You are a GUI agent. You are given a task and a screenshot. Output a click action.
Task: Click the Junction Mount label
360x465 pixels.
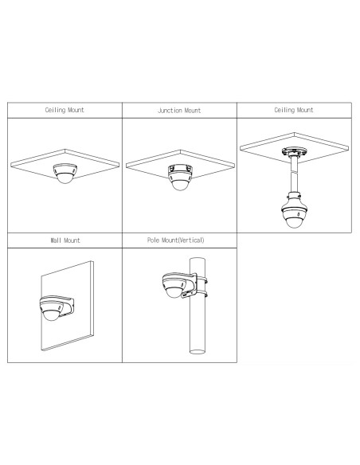(179, 111)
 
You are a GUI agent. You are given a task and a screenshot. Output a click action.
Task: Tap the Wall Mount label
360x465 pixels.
(65, 240)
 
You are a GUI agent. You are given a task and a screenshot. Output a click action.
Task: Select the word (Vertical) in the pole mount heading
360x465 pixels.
(190, 240)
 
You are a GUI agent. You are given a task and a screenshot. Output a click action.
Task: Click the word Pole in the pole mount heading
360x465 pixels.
(153, 240)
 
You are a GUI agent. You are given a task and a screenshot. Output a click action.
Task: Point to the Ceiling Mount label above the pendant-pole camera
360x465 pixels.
(294, 110)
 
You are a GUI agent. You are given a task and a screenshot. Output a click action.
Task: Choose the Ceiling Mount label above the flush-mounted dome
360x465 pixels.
(65, 110)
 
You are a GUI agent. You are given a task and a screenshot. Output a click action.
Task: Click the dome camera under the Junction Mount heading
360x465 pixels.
(180, 178)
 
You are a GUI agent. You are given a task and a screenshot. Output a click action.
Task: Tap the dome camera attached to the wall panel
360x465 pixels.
(53, 308)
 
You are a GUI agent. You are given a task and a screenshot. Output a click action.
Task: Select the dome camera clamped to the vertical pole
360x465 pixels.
(175, 285)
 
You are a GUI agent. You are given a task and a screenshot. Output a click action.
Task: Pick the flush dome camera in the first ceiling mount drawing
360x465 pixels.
(65, 174)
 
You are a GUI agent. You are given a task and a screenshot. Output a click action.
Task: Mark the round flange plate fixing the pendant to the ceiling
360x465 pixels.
(294, 152)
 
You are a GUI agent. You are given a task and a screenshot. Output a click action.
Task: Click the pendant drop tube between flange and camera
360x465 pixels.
(294, 174)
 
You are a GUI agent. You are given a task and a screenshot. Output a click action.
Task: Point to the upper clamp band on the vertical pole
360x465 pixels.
(202, 279)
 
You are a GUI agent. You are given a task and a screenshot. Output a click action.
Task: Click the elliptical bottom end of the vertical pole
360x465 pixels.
(198, 352)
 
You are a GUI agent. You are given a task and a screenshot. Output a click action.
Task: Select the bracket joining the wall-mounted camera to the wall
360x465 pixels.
(68, 306)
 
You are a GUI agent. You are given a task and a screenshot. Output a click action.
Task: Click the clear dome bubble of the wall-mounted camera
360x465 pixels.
(51, 315)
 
